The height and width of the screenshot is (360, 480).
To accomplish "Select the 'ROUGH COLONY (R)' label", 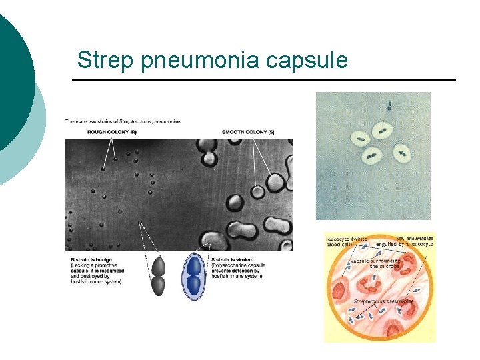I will [111, 132].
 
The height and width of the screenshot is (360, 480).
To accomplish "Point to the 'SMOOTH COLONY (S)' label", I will [248, 132].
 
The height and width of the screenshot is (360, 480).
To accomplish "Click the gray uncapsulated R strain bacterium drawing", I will [159, 276].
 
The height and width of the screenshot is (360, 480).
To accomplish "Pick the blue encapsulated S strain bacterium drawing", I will [194, 275].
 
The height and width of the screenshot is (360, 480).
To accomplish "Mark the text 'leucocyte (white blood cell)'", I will [346, 241].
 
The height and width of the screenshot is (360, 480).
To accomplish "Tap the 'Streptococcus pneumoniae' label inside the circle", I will [383, 301].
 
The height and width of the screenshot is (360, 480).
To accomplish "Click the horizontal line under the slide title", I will [263, 80].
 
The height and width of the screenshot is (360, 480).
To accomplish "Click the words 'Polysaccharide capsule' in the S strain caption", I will [239, 265].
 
